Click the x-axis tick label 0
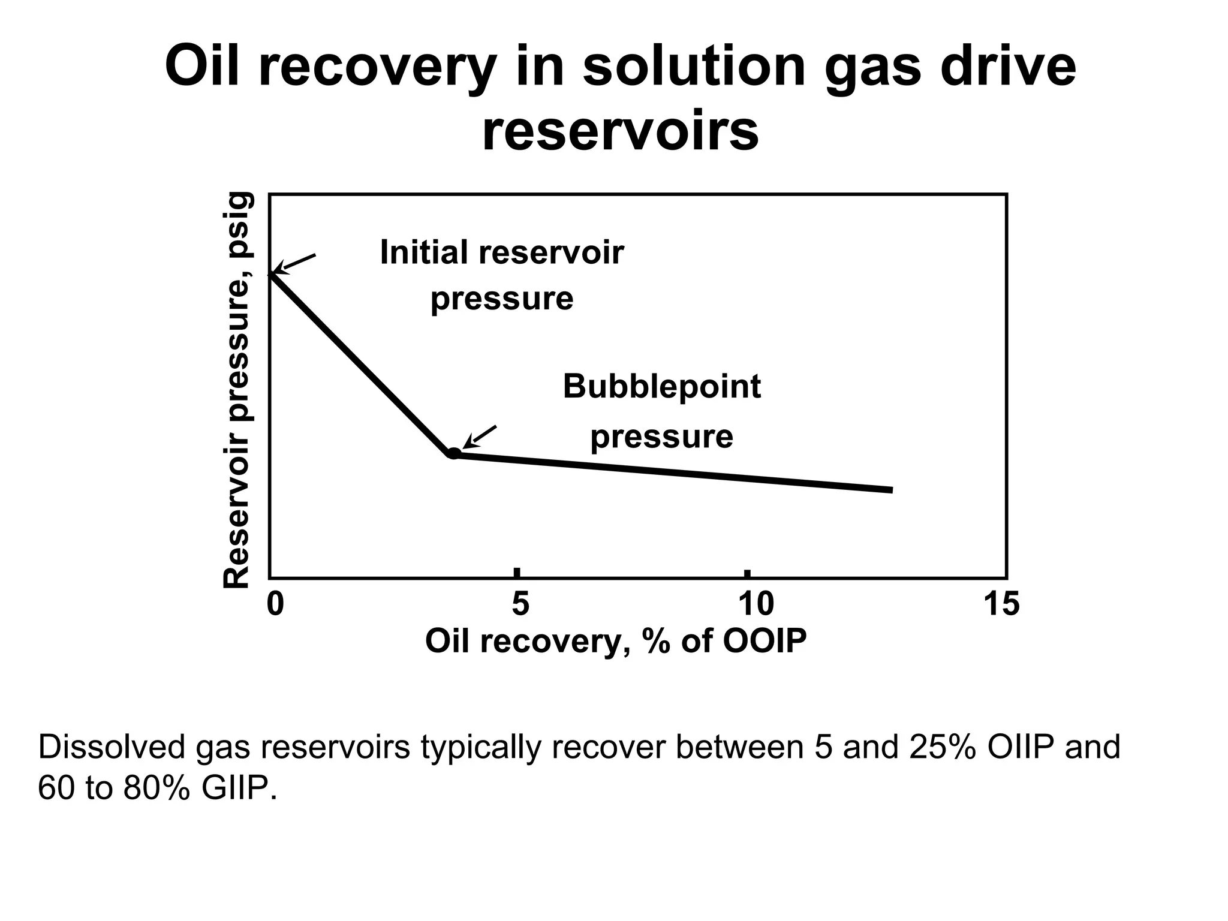click(275, 604)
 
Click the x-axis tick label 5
click(520, 604)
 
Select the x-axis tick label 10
click(756, 604)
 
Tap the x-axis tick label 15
click(1001, 604)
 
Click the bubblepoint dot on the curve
click(454, 453)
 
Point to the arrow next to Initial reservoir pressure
click(295, 263)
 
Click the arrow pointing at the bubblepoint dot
click(480, 437)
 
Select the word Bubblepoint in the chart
click(661, 386)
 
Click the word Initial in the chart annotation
click(425, 252)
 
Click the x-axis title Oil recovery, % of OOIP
click(616, 641)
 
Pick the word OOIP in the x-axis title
click(765, 641)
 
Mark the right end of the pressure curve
click(892, 490)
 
